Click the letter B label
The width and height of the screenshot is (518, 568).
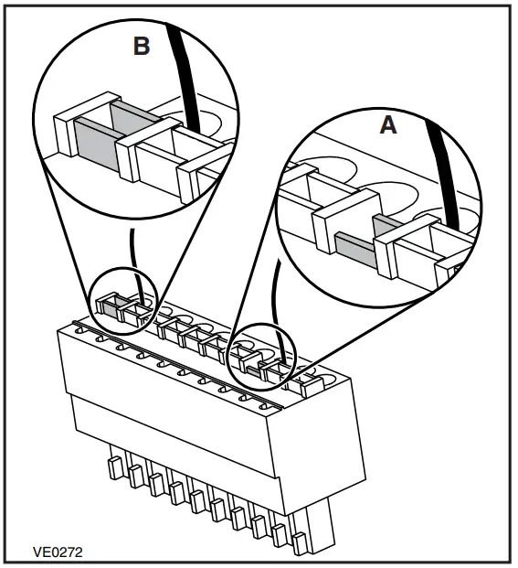(x=141, y=45)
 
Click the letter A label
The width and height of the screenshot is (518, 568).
(x=388, y=125)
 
